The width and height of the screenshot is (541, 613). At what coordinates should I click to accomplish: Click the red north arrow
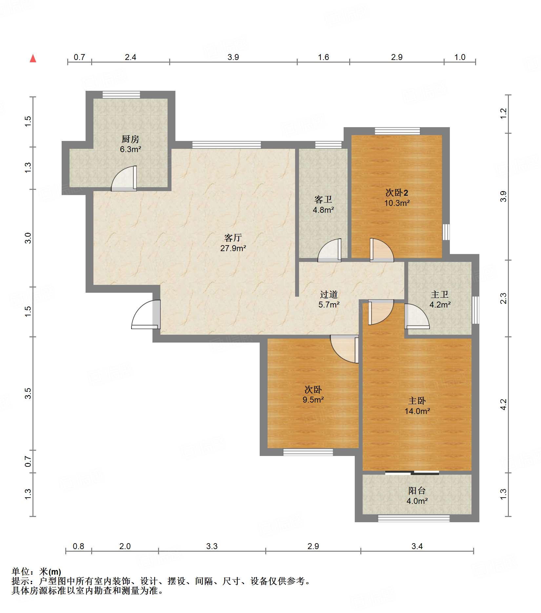33,59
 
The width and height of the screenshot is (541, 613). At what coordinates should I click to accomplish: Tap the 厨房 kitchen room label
130,139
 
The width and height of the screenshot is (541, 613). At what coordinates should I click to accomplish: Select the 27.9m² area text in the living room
233,248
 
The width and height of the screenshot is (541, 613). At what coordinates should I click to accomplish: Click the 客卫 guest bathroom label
323,199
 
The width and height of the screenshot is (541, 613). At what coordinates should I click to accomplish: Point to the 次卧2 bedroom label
397,192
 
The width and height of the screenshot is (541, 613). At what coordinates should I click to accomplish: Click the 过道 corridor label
329,294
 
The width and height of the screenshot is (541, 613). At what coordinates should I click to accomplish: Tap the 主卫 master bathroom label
440,294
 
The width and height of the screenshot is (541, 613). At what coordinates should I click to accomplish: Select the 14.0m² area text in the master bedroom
417,411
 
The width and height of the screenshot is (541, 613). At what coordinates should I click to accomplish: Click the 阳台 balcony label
417,490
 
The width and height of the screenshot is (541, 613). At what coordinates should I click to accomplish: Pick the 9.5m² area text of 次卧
313,400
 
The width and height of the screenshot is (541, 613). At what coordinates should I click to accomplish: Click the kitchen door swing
124,178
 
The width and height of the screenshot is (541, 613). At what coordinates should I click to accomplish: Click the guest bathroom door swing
330,250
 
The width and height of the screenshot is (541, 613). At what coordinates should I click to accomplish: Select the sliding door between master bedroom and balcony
412,472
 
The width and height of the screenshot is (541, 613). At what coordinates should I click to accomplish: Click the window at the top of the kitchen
121,94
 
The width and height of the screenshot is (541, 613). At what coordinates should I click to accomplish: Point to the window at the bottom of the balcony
414,518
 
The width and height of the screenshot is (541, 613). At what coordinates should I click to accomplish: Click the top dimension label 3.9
233,57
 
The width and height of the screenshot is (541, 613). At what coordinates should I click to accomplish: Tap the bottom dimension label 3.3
212,546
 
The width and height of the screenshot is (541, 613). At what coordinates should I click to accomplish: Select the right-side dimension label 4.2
503,405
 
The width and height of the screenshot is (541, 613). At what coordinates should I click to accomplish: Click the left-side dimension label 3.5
28,393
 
